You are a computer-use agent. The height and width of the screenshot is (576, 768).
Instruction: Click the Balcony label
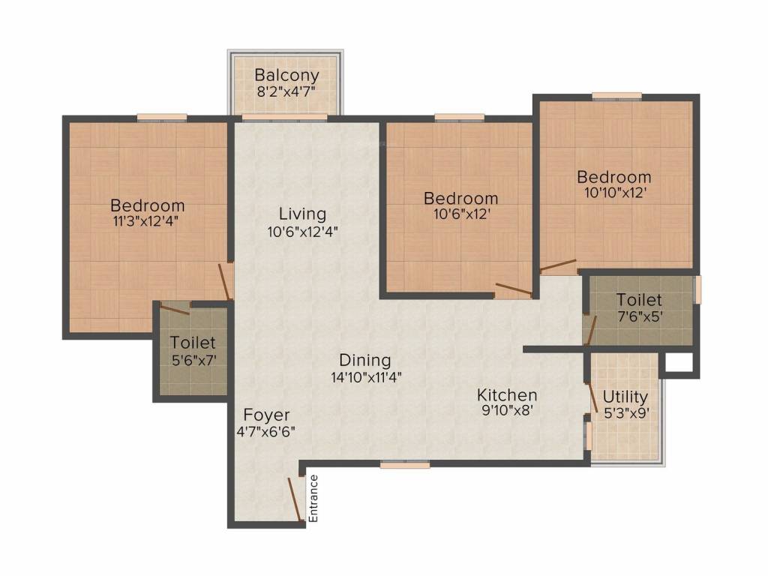[x=286, y=75]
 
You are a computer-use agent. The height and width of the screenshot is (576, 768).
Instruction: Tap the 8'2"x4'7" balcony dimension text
[x=286, y=91]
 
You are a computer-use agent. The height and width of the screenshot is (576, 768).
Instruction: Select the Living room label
[x=302, y=214]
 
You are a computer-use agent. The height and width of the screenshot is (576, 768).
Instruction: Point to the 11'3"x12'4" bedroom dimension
[x=147, y=221]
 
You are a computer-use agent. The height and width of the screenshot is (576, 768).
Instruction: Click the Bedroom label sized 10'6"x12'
[x=460, y=198]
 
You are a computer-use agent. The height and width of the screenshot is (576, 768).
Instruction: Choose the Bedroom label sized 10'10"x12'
[x=613, y=177]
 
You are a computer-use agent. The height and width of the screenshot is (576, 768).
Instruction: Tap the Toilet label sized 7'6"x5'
[x=639, y=300]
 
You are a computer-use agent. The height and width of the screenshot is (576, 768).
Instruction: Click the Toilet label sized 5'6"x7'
[x=193, y=343]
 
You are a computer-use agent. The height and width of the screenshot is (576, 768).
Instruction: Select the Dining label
[x=364, y=359]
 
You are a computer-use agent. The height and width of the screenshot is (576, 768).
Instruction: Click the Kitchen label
[x=507, y=394]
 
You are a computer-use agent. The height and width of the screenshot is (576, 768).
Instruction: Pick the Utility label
[x=625, y=396]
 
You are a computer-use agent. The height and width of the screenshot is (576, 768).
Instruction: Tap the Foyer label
[x=266, y=415]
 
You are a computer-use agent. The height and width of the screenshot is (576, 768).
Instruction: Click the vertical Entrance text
[x=314, y=499]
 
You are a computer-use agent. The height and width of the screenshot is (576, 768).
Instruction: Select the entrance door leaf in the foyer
[x=295, y=499]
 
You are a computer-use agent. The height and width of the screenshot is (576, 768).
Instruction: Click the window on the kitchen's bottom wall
[x=405, y=465]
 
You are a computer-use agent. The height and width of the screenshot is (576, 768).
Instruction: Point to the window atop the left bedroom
[x=161, y=117]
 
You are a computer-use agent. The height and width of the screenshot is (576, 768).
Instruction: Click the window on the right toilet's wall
[x=697, y=290]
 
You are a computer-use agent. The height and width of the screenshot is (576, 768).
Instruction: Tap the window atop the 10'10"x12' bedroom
[x=616, y=96]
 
